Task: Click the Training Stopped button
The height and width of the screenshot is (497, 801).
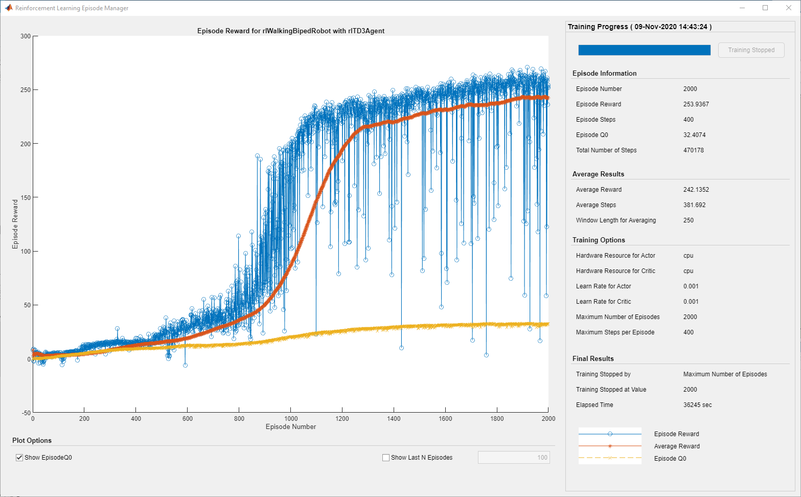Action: [751, 50]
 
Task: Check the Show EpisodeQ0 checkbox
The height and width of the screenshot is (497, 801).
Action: [20, 458]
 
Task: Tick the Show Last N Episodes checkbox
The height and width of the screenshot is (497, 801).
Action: [386, 458]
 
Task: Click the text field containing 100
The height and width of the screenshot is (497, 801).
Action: [513, 458]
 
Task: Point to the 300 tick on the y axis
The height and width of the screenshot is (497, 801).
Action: [26, 36]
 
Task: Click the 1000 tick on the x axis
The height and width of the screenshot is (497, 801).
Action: [291, 418]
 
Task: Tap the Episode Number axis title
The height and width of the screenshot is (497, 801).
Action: [291, 427]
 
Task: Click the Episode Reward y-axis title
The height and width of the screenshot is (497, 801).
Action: [15, 224]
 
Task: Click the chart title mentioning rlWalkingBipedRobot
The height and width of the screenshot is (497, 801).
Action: [291, 31]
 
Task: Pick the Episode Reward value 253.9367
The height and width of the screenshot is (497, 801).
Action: [696, 104]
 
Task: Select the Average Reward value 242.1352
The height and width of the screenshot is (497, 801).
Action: [696, 190]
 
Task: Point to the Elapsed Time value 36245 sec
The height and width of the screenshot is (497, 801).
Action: [697, 405]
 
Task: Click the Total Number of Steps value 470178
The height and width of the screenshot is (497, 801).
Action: [693, 150]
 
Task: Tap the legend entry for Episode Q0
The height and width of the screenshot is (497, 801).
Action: [670, 459]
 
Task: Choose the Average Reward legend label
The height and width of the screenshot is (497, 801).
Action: [676, 446]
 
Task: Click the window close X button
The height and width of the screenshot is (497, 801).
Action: [788, 8]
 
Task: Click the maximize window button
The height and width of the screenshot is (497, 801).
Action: [765, 8]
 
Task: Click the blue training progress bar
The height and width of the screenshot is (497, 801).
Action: [644, 50]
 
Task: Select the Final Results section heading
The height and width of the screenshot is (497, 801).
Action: [593, 359]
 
